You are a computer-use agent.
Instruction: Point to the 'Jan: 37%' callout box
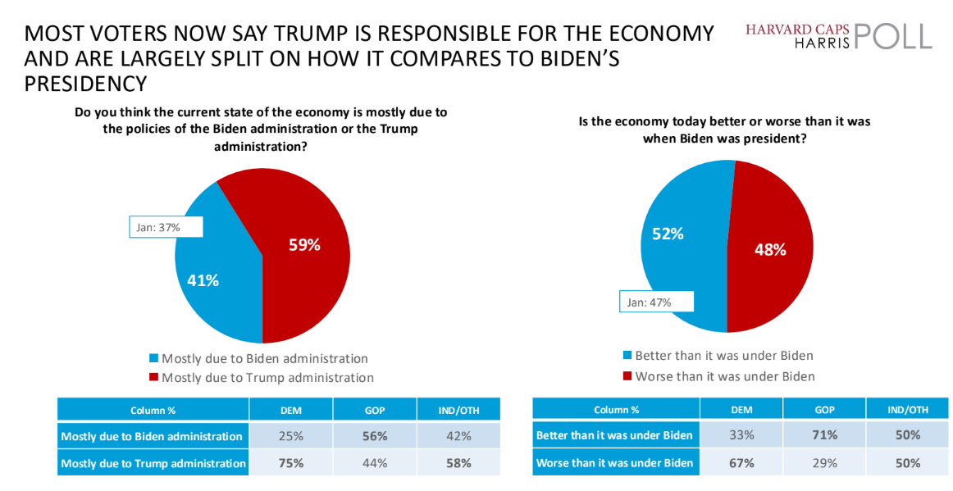165,227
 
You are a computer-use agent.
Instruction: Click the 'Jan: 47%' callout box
656,302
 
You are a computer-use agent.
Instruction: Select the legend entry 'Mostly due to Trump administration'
267,378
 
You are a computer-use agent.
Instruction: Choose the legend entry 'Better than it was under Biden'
724,356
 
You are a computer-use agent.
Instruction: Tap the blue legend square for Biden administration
153,358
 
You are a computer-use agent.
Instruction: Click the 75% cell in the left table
290,463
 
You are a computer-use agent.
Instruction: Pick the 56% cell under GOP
374,436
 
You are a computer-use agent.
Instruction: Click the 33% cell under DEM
741,435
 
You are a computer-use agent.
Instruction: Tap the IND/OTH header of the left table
458,410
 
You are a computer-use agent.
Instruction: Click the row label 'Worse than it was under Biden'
614,463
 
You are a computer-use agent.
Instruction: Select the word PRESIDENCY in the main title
85,84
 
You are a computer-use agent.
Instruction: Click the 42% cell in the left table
458,436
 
